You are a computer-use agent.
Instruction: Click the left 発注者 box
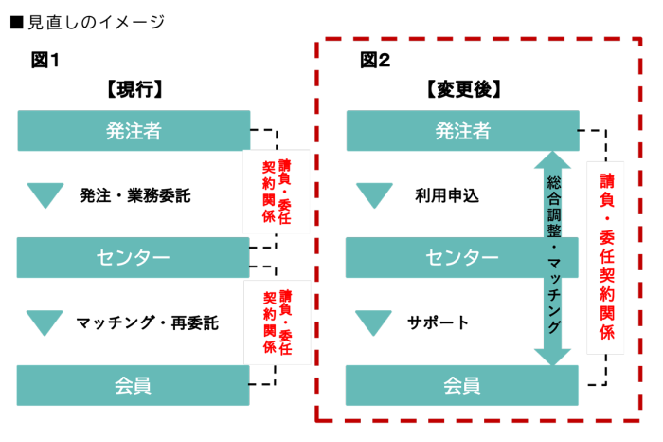click(x=134, y=131)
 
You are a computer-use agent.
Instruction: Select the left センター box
click(x=133, y=257)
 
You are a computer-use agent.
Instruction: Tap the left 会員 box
click(x=133, y=385)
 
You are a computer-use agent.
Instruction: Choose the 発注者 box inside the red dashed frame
click(x=462, y=131)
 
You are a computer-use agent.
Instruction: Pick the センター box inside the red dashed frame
click(x=462, y=257)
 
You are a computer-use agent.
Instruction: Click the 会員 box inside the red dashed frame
click(x=462, y=385)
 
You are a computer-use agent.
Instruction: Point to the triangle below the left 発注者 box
click(x=45, y=194)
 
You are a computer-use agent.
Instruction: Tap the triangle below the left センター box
click(x=45, y=322)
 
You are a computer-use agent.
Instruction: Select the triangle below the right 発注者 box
click(x=374, y=194)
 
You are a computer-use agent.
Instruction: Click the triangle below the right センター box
click(x=373, y=322)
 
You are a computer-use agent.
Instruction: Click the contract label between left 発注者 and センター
click(x=277, y=192)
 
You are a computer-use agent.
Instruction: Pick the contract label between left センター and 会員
click(x=277, y=322)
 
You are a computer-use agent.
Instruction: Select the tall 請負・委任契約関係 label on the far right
click(x=606, y=257)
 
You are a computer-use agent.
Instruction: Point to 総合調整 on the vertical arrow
click(x=553, y=209)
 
